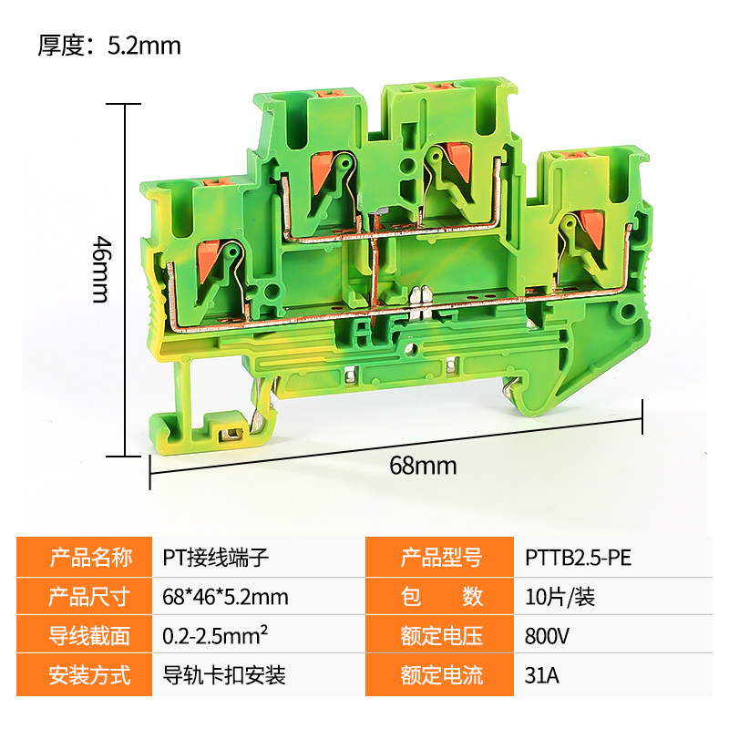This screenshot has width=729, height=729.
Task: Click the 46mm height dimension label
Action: tap(101, 270)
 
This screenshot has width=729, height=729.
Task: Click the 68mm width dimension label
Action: tap(423, 466)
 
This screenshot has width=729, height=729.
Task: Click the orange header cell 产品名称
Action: tap(84, 558)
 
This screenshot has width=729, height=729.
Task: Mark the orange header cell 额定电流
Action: tap(439, 675)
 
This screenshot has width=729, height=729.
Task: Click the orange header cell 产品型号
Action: tap(439, 558)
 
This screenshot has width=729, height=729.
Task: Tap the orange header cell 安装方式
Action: tap(84, 675)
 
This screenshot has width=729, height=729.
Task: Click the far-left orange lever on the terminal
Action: tap(207, 262)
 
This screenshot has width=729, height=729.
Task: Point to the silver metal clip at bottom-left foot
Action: tap(231, 435)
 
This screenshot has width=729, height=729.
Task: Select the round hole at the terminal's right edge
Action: tap(627, 311)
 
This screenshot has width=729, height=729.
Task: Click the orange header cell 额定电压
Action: tap(439, 635)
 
